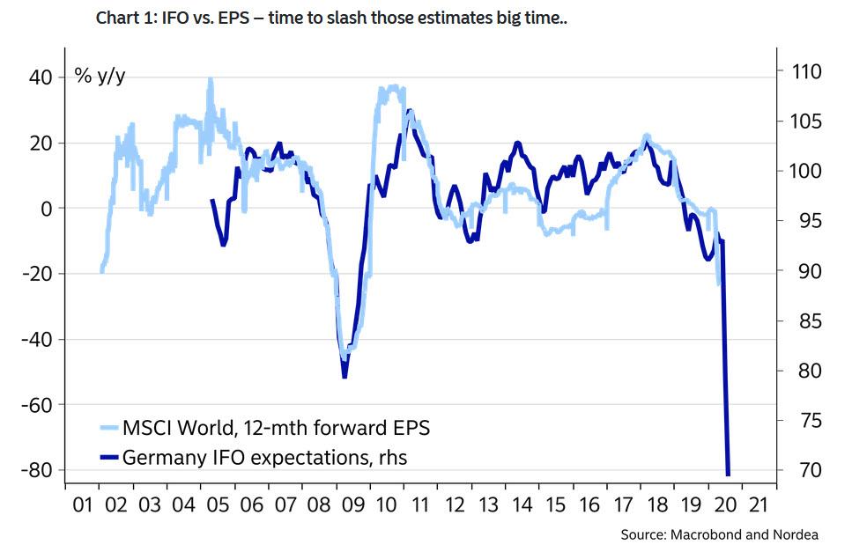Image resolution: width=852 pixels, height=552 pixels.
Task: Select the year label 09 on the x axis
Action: tap(352, 507)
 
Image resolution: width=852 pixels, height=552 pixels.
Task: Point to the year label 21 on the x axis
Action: tap(755, 507)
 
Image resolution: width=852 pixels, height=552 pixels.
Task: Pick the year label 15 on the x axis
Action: tap(554, 507)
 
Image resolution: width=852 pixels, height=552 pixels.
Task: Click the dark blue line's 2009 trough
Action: tap(345, 377)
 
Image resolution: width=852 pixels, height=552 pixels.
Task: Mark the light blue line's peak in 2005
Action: tap(211, 79)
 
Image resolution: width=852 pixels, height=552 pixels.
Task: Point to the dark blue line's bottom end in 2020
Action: tap(729, 475)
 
